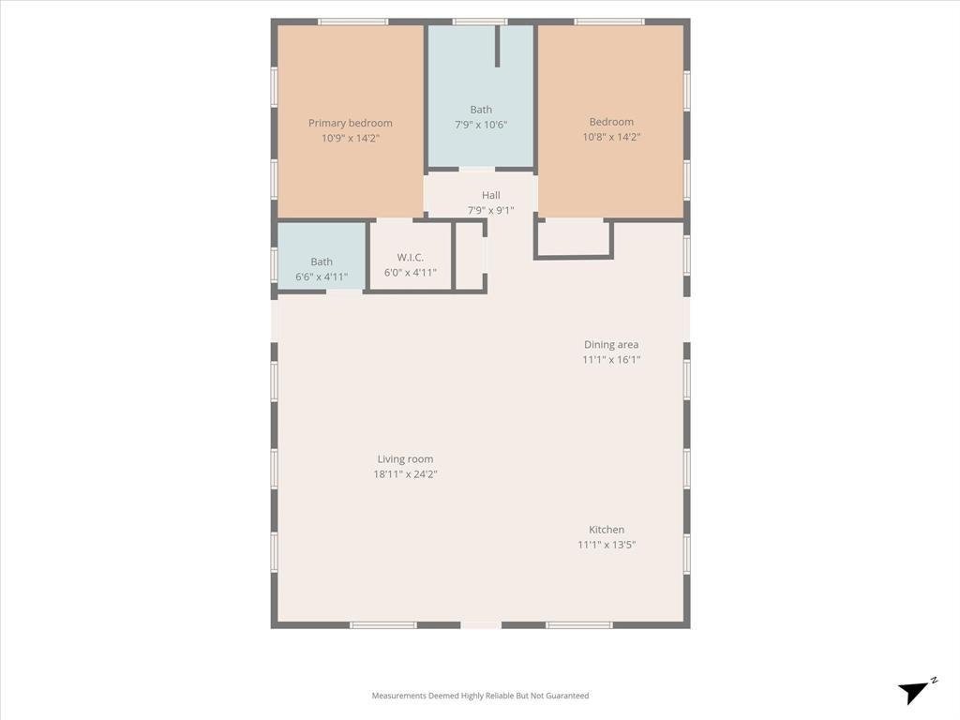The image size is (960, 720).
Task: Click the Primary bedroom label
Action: [x=351, y=123]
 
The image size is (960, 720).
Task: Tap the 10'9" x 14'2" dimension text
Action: [x=351, y=138]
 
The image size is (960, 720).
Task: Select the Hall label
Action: [x=490, y=195]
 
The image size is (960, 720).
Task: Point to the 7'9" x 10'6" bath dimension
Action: [x=481, y=125]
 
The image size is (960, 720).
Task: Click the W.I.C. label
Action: [x=410, y=257]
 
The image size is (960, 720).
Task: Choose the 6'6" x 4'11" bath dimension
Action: [x=322, y=277]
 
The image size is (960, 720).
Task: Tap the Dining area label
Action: [x=611, y=345]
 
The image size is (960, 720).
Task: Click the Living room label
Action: [x=405, y=459]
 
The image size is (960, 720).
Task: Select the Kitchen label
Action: [x=607, y=530]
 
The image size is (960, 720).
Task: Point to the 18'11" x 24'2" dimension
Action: [x=405, y=473]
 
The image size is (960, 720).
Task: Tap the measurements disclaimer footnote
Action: [x=480, y=696]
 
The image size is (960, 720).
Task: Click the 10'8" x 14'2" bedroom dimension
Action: [x=611, y=137]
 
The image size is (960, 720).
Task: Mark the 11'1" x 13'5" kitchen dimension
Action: [x=607, y=545]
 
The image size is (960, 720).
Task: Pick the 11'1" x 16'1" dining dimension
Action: [x=611, y=359]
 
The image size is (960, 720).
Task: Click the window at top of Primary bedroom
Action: [x=352, y=22]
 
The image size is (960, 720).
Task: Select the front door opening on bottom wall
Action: [x=481, y=625]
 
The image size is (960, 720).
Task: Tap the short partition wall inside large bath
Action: [x=497, y=46]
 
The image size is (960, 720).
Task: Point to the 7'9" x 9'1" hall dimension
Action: [x=490, y=210]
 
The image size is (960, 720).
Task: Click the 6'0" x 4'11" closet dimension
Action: [x=410, y=273]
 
